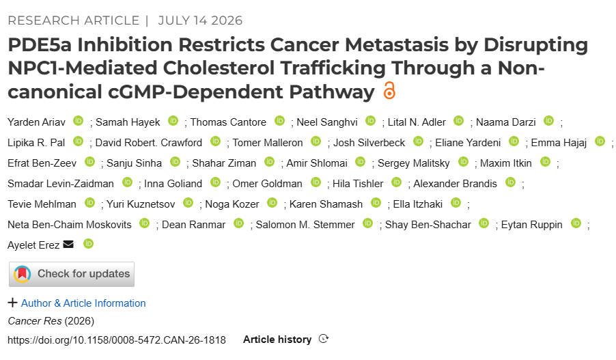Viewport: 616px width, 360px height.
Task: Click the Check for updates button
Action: click(x=72, y=274)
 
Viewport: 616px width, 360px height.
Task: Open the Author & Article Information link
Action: click(x=83, y=303)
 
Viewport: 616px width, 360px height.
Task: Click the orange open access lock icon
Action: click(x=389, y=90)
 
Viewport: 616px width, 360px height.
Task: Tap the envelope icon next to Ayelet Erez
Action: click(x=68, y=245)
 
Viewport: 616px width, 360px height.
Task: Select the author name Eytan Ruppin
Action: click(x=531, y=225)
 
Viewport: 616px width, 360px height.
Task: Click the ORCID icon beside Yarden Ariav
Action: click(x=79, y=121)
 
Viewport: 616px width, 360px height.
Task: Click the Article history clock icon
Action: click(x=323, y=339)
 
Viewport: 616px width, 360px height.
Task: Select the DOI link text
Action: click(x=117, y=340)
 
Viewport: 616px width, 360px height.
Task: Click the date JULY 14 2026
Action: click(x=200, y=20)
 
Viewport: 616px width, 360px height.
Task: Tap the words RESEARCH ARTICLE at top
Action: click(x=74, y=20)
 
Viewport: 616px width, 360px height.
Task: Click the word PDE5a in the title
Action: click(x=40, y=45)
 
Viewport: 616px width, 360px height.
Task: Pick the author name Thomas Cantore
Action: click(x=228, y=122)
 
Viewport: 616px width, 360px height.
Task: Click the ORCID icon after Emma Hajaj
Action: click(x=600, y=141)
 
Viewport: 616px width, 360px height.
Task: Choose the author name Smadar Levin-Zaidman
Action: click(x=61, y=184)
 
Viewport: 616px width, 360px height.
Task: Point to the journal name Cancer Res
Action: click(x=35, y=321)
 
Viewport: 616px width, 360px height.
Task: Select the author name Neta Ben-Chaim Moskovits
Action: click(x=70, y=225)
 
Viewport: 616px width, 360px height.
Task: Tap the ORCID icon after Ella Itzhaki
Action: click(x=456, y=202)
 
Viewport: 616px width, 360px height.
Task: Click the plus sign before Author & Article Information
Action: click(x=12, y=303)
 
